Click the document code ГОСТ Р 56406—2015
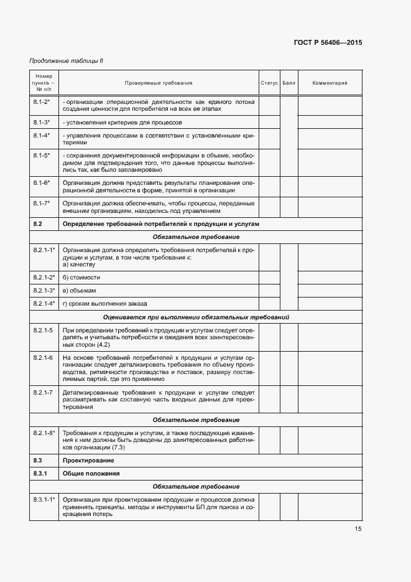(327, 43)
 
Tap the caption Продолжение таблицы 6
(66, 60)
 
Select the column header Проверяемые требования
(159, 83)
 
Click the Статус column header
(269, 83)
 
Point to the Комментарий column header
(330, 83)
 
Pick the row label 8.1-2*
(42, 101)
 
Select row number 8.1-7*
(42, 203)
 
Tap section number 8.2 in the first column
(37, 223)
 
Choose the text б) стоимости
(81, 277)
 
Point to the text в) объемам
(79, 290)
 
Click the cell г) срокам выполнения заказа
(105, 304)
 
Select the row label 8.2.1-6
(43, 358)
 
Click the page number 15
(358, 529)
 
